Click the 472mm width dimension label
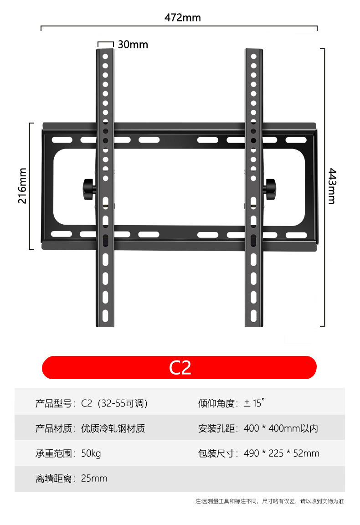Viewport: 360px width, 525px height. (182, 18)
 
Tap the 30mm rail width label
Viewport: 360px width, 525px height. (133, 44)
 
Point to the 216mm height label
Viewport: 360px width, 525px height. (22, 185)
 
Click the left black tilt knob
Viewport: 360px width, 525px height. (87, 188)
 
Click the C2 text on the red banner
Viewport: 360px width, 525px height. (180, 368)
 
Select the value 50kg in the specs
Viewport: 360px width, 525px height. (91, 453)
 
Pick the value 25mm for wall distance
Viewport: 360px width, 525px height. (94, 479)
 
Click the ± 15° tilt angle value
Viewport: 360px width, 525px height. (254, 403)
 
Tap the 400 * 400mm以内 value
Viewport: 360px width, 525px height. (281, 428)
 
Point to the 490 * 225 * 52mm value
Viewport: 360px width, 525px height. (281, 453)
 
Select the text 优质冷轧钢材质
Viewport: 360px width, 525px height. (113, 428)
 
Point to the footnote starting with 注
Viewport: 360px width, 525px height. (269, 501)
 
